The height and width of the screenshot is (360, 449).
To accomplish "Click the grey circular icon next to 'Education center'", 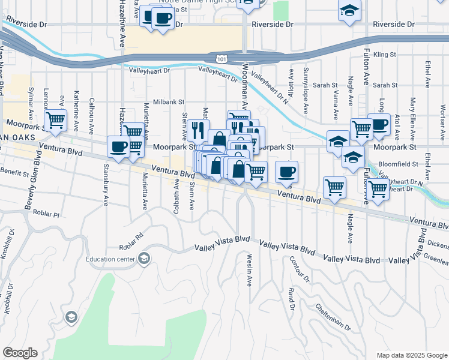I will (x=143, y=259).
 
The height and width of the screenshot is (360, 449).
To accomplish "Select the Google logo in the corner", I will (x=20, y=352).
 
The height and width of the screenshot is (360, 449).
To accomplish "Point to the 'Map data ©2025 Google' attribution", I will (x=411, y=355).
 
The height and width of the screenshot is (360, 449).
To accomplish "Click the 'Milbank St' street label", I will (x=168, y=103).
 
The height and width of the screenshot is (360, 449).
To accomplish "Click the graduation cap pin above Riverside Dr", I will (x=348, y=11).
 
